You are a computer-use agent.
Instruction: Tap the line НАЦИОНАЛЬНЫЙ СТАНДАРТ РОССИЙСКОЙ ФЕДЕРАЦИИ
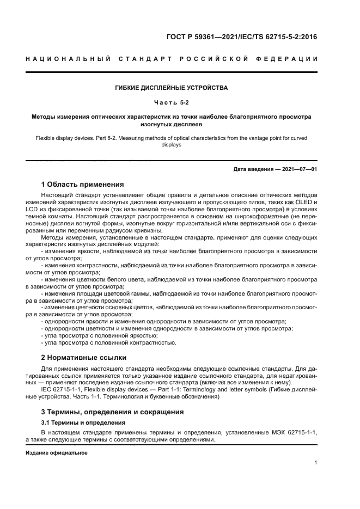pos(172,59)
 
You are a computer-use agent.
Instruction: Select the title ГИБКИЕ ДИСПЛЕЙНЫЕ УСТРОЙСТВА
pos(172,88)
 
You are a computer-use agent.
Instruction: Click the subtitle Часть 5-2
pos(172,102)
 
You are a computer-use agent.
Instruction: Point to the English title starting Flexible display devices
pos(172,142)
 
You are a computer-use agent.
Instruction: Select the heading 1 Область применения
pos(82,184)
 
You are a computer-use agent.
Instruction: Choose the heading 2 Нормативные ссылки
pos(84,358)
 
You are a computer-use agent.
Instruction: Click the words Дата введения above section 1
pos(254,169)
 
